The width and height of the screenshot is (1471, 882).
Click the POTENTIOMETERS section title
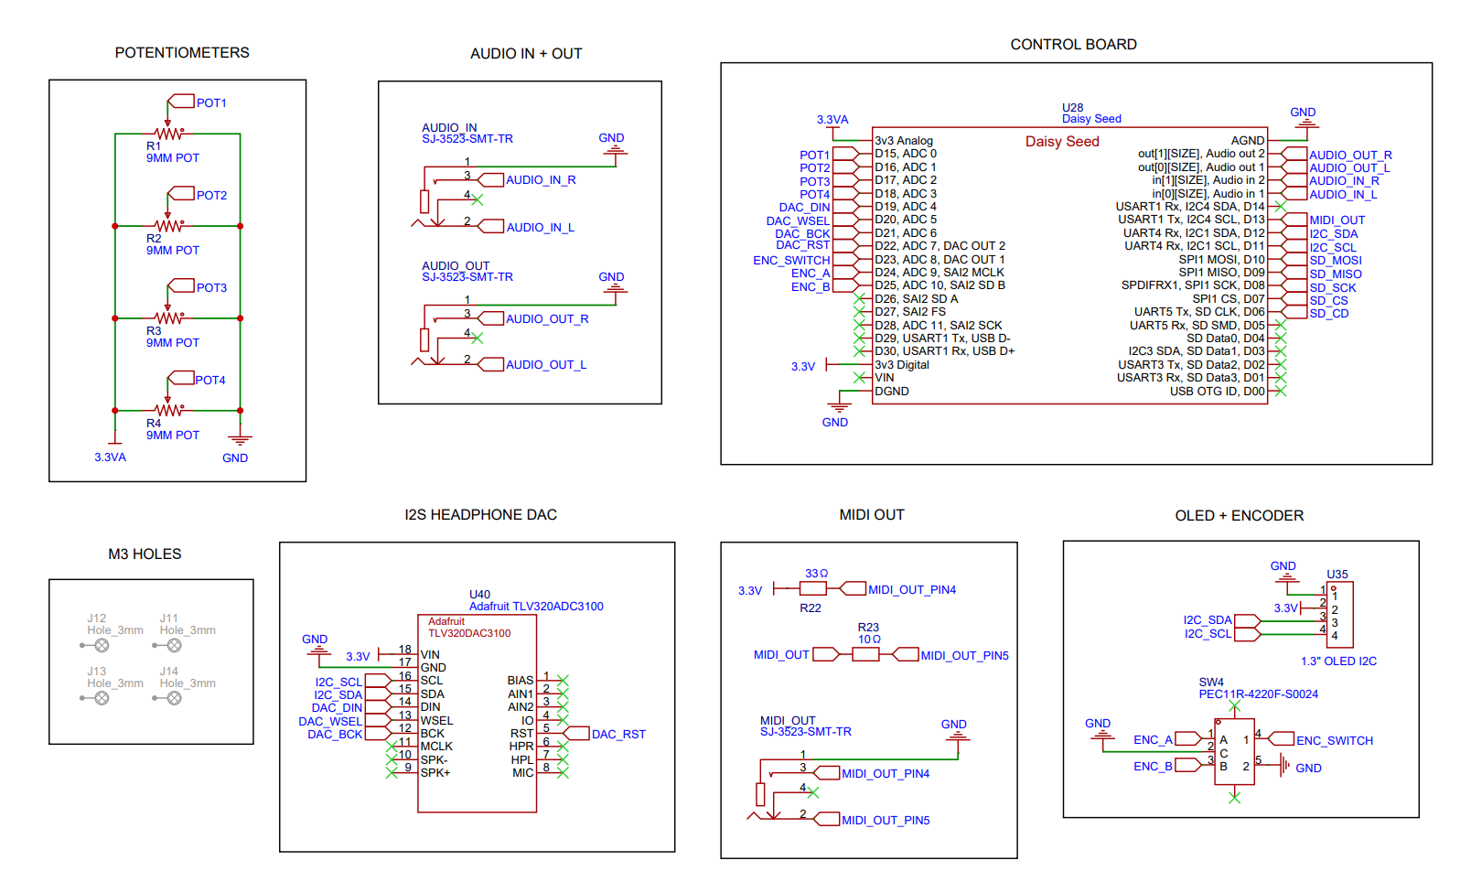click(x=182, y=53)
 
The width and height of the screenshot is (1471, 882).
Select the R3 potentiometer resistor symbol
click(x=168, y=318)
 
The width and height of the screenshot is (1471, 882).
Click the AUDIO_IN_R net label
click(x=541, y=180)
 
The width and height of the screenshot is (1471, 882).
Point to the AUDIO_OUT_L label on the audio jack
click(x=546, y=365)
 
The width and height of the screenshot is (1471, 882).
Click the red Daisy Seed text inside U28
click(x=1062, y=142)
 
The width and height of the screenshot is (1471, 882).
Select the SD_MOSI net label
click(x=1335, y=261)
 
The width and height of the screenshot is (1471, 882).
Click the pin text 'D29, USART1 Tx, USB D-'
click(x=942, y=339)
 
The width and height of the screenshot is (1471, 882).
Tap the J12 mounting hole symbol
click(x=102, y=645)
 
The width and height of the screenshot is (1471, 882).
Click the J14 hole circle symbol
click(x=174, y=698)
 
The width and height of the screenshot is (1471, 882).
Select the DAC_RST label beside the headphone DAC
click(x=618, y=735)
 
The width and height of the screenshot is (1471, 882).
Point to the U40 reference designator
click(x=479, y=595)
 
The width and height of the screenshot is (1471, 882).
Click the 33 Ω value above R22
click(x=816, y=574)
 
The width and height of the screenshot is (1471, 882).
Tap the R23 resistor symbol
click(x=865, y=654)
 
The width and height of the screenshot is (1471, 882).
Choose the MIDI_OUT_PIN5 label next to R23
click(x=964, y=656)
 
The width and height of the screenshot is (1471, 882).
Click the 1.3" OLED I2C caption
click(x=1338, y=661)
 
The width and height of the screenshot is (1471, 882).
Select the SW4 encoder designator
click(x=1211, y=683)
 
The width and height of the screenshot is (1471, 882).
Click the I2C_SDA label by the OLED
click(x=1208, y=620)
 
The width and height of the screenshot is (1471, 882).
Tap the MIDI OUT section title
click(x=872, y=515)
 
